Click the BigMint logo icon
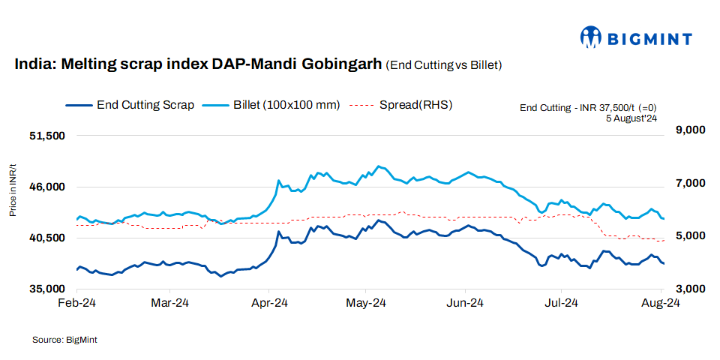click(592, 37)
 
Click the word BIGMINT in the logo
click(649, 37)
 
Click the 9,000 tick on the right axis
click(691, 130)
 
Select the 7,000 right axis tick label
click(691, 183)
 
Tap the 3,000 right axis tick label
click(691, 289)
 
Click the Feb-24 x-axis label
click(78, 304)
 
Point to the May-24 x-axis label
click(366, 304)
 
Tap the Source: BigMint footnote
click(64, 340)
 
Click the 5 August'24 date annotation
click(631, 118)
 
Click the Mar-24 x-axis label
click(170, 304)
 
